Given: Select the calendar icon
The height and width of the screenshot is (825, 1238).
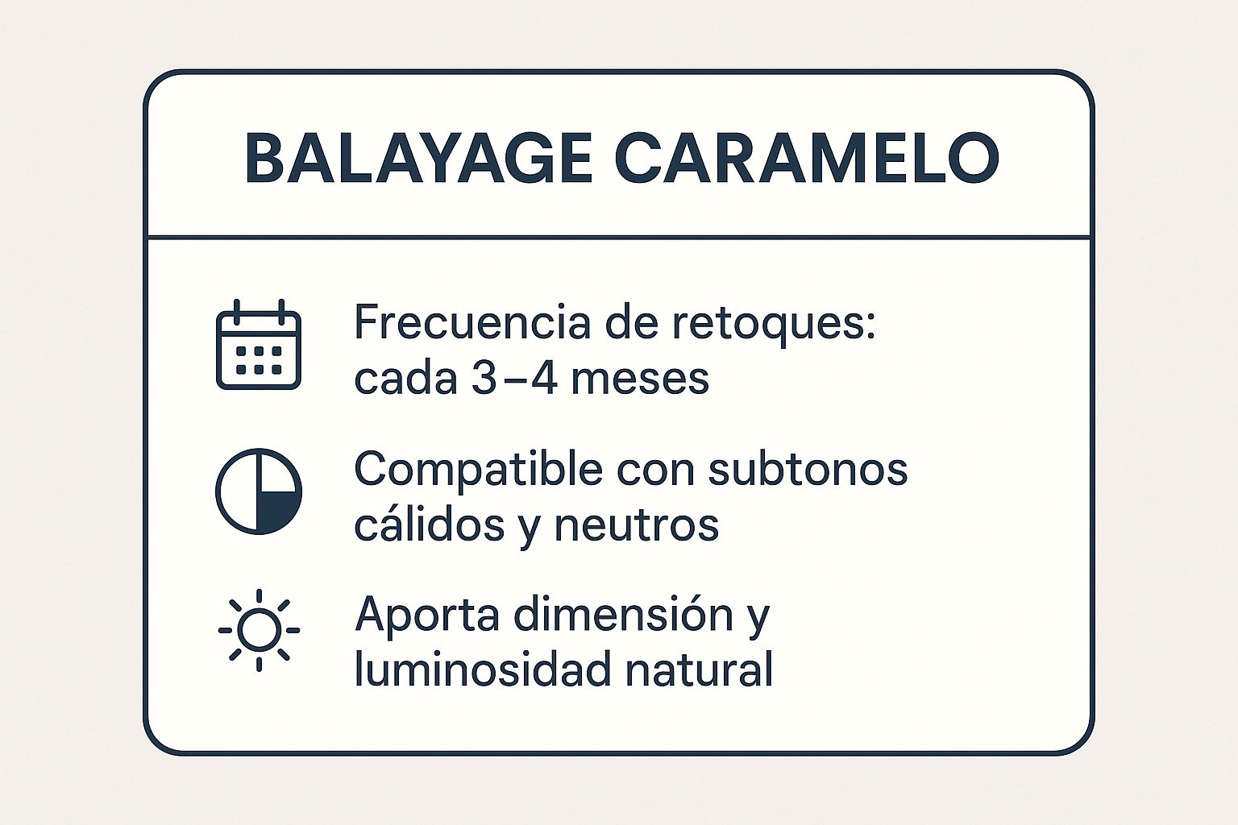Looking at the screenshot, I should [x=259, y=345].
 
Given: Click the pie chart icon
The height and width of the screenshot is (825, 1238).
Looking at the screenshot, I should [x=259, y=491].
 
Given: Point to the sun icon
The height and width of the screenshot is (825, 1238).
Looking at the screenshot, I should [x=259, y=630].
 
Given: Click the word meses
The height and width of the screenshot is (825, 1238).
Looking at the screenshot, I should [x=640, y=377].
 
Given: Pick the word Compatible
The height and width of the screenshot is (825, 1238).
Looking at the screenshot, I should [x=478, y=469].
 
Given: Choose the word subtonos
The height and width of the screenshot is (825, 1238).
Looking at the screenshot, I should [x=808, y=469].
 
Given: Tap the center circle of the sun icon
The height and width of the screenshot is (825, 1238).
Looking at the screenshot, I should [x=259, y=630].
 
